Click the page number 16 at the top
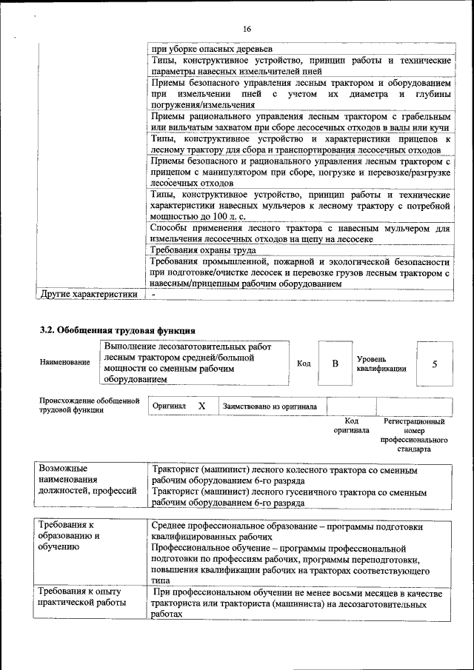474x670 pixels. (x=247, y=29)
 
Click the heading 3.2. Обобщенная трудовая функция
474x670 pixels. (x=117, y=329)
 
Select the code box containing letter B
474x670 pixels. (x=335, y=364)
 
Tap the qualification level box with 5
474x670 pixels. (x=435, y=364)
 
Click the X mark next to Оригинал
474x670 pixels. (x=201, y=406)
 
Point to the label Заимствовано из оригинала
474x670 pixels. (x=270, y=406)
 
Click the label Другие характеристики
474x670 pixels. (x=90, y=294)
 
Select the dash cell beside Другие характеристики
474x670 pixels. (x=153, y=294)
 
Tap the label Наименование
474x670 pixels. (x=65, y=363)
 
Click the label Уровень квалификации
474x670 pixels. (x=381, y=363)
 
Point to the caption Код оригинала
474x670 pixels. (x=351, y=426)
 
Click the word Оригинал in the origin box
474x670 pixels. (x=169, y=406)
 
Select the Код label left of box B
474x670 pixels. (x=304, y=364)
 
